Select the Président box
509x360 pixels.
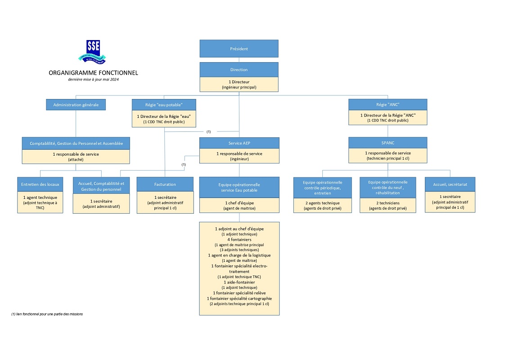coord(239,49)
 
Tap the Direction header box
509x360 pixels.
coord(239,70)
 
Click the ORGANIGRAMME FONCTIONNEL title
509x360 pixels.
coord(94,73)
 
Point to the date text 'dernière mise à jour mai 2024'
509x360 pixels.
coord(94,80)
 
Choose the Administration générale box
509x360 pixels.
coord(76,104)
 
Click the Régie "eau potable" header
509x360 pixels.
coord(164,104)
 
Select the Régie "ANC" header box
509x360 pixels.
coord(387,104)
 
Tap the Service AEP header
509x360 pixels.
coord(239,143)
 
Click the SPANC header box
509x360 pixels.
coord(387,142)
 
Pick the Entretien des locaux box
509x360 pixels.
coord(40,184)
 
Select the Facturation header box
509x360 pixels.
coord(165,184)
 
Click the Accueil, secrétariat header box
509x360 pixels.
coord(450,184)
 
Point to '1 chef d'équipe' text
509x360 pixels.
coord(239,203)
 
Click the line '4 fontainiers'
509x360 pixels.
coord(239,239)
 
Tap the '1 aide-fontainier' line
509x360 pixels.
coord(239,282)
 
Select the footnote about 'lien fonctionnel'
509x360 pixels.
coord(47,314)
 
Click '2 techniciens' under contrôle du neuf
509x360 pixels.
coord(387,203)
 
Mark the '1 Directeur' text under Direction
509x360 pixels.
coord(239,82)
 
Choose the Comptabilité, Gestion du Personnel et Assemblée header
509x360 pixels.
coord(76,143)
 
